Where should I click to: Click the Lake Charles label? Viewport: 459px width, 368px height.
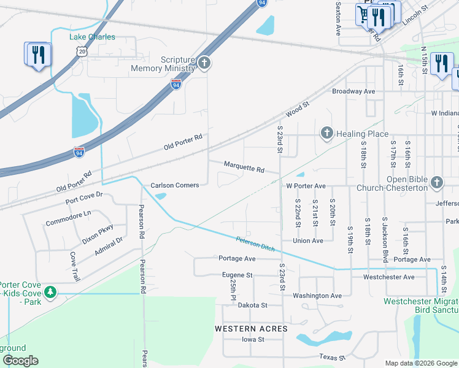pyautogui.click(x=92, y=37)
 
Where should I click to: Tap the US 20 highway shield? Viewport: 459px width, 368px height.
pyautogui.click(x=82, y=53)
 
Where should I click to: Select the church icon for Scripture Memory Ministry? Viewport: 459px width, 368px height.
pyautogui.click(x=204, y=63)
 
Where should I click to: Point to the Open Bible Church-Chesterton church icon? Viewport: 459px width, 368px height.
pyautogui.click(x=436, y=182)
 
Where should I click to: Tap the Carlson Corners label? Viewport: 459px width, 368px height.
pyautogui.click(x=175, y=185)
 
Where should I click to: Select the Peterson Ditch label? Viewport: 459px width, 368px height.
pyautogui.click(x=255, y=243)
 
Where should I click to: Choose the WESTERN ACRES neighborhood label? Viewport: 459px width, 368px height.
pyautogui.click(x=251, y=329)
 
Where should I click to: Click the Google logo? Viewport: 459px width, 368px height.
pyautogui.click(x=20, y=361)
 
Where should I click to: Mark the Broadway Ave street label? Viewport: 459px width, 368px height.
pyautogui.click(x=353, y=91)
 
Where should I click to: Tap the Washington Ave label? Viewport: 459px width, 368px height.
pyautogui.click(x=317, y=296)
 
